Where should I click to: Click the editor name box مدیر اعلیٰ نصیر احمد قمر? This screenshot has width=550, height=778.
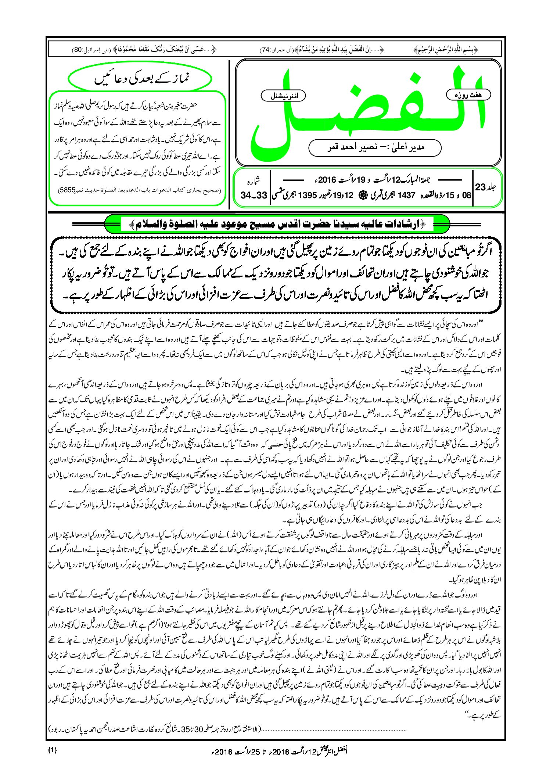click(x=375, y=147)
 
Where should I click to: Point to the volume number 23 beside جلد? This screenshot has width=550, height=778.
click(x=481, y=187)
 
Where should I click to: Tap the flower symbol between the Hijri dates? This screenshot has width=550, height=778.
click(x=359, y=195)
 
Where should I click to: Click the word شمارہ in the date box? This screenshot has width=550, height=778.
click(x=253, y=180)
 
